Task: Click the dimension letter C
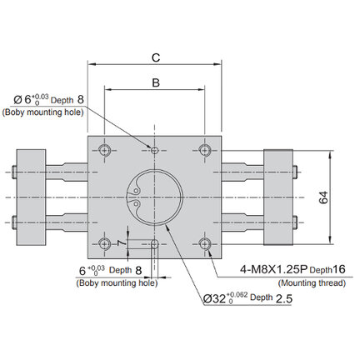coord(156,57)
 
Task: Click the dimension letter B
coord(156,82)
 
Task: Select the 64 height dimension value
coord(323,197)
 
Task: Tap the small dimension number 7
coord(122,243)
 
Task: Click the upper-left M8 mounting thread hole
coord(105,151)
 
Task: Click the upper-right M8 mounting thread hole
coord(205,151)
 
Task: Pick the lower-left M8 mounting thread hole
coord(105,244)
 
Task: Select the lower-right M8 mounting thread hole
coord(205,244)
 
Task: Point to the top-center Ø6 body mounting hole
coord(155,151)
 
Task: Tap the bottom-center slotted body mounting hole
coord(155,244)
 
